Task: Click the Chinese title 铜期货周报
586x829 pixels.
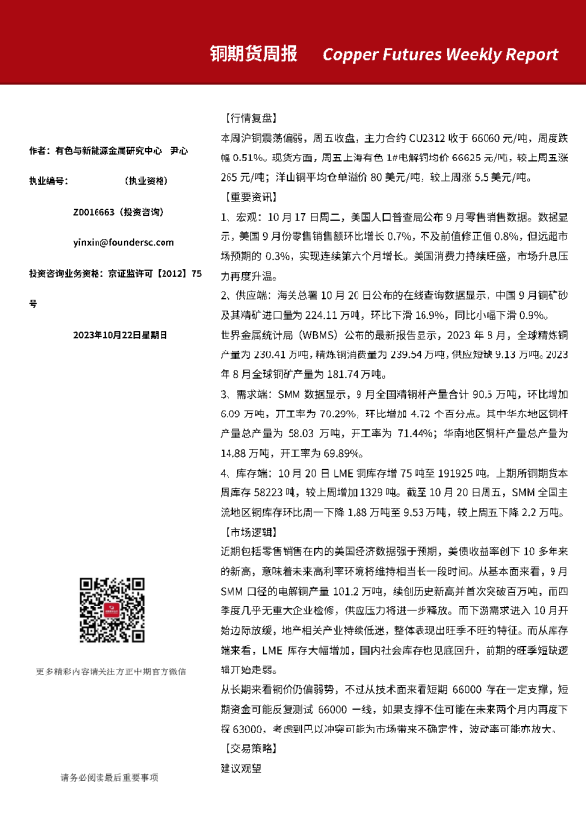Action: pos(254,54)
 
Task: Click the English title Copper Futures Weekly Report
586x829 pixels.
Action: pos(440,55)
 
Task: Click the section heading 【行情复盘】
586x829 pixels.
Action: pos(246,115)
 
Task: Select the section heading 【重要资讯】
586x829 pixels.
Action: pos(246,196)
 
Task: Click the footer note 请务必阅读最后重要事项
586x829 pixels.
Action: pos(111,779)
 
